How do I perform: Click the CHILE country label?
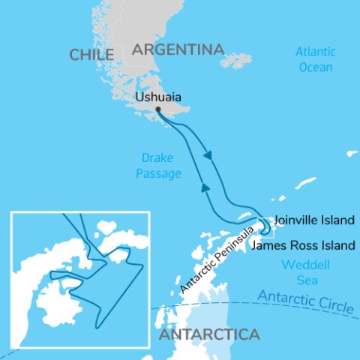(x=91, y=55)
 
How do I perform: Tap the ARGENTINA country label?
(x=178, y=50)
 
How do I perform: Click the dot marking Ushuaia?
(x=158, y=109)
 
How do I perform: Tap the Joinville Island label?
(x=313, y=221)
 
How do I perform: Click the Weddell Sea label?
(x=299, y=272)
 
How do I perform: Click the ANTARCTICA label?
(x=209, y=334)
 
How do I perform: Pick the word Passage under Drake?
(x=161, y=174)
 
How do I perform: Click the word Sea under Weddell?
(x=299, y=280)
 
